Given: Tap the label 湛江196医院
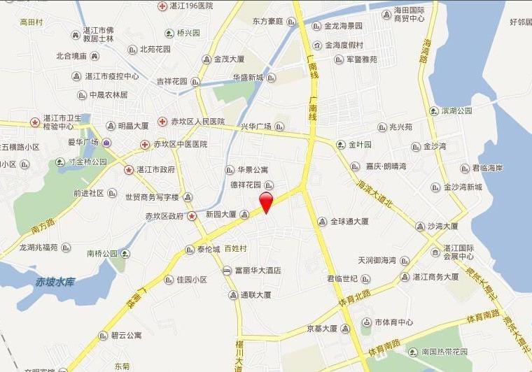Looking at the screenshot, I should (190, 6).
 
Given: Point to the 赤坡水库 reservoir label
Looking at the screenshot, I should (55, 282).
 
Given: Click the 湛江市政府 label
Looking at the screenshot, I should (155, 169).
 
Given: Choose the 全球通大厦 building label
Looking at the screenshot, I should (350, 222).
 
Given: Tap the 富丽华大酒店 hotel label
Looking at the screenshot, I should (258, 271).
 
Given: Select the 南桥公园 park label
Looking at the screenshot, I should (101, 253).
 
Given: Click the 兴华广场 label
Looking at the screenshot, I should (255, 127).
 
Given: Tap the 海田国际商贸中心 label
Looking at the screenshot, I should (419, 15).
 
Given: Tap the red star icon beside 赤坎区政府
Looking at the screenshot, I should (192, 216).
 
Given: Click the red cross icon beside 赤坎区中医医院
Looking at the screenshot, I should (145, 145).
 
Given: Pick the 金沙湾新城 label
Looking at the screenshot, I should (463, 187).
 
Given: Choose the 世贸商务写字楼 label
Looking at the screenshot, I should (152, 197).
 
